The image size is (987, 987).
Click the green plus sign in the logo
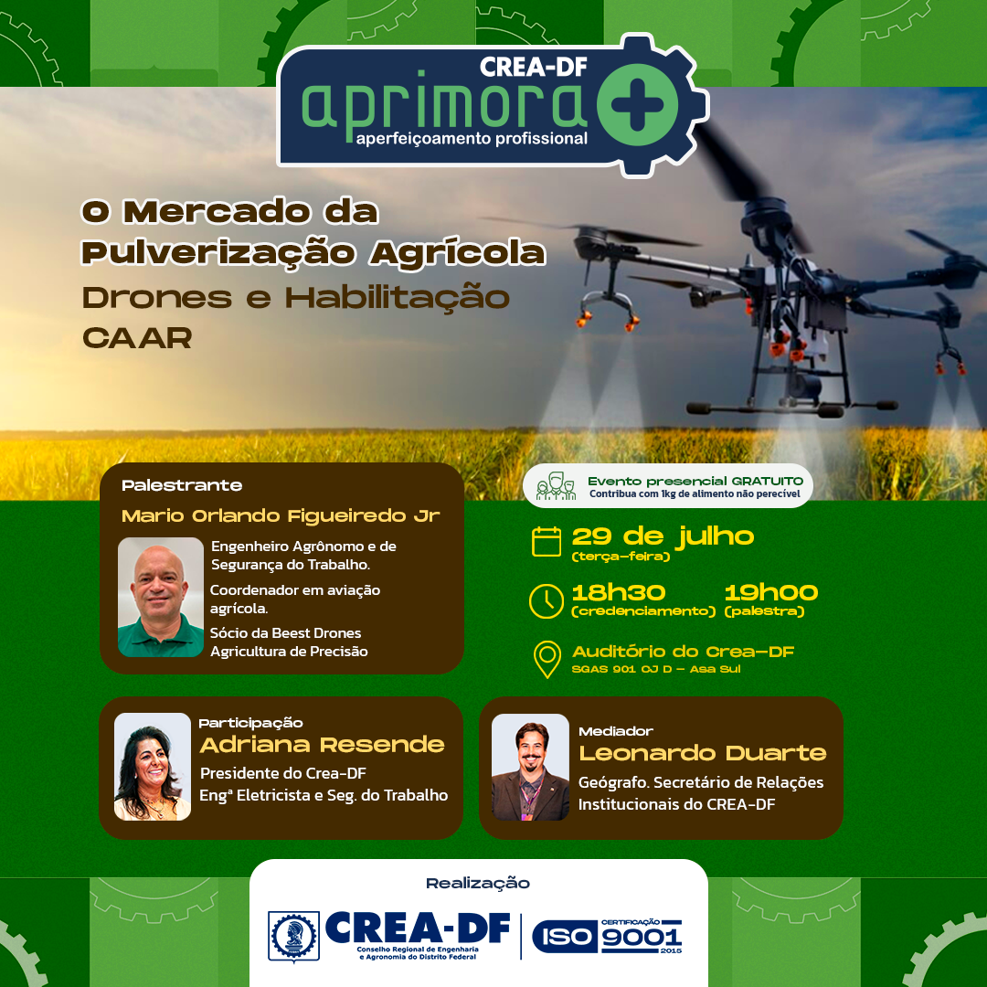click(637, 104)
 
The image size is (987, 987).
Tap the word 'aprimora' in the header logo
click(445, 105)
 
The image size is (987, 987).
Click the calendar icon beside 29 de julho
click(547, 541)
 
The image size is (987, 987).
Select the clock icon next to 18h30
click(547, 600)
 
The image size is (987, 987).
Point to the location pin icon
click(547, 658)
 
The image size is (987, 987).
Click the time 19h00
click(771, 592)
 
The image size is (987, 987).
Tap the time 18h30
click(618, 592)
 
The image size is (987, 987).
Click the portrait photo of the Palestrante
click(161, 597)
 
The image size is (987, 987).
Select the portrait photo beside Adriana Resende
click(153, 766)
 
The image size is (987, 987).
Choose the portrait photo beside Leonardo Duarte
click(530, 767)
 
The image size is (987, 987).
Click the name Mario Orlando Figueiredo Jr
click(281, 516)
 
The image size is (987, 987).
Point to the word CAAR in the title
click(136, 338)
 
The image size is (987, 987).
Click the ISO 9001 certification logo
click(608, 936)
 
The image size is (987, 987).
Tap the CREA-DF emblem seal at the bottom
click(293, 936)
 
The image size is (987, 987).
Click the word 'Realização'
click(478, 883)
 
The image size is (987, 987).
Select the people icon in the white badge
click(556, 486)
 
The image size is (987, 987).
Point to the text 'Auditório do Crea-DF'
click(683, 652)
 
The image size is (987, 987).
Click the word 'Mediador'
click(616, 731)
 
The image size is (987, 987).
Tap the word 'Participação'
click(250, 723)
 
